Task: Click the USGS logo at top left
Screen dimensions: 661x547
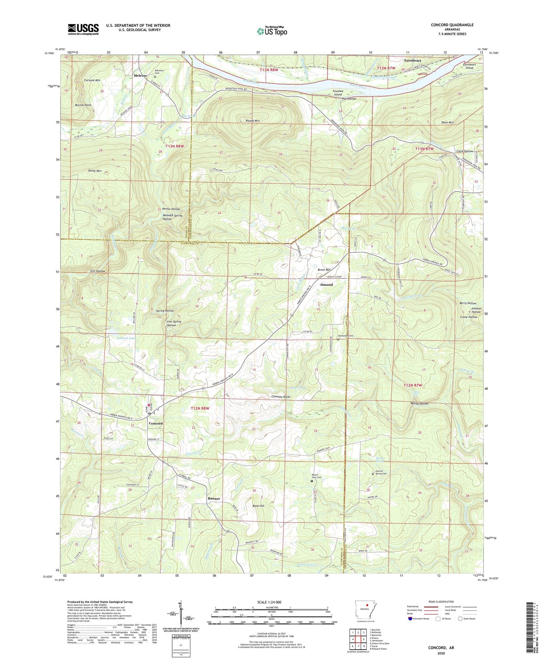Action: point(83,29)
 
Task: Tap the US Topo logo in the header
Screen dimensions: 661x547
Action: point(272,31)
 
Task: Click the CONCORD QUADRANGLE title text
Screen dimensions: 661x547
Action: point(452,25)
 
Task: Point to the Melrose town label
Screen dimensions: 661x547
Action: point(140,76)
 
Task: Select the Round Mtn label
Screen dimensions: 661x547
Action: point(252,121)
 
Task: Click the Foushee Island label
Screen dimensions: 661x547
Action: point(338,93)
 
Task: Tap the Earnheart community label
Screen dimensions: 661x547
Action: point(412,61)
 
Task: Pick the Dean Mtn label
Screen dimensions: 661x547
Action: point(447,123)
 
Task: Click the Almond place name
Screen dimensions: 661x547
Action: point(326,285)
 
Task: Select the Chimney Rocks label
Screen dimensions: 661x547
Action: point(281,397)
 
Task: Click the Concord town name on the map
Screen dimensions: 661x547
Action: point(156,423)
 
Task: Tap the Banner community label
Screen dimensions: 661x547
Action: point(214,499)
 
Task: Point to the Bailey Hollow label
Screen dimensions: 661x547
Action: point(419,404)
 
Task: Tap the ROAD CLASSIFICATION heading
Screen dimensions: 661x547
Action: point(441,602)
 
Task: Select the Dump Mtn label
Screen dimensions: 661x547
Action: point(95,171)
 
